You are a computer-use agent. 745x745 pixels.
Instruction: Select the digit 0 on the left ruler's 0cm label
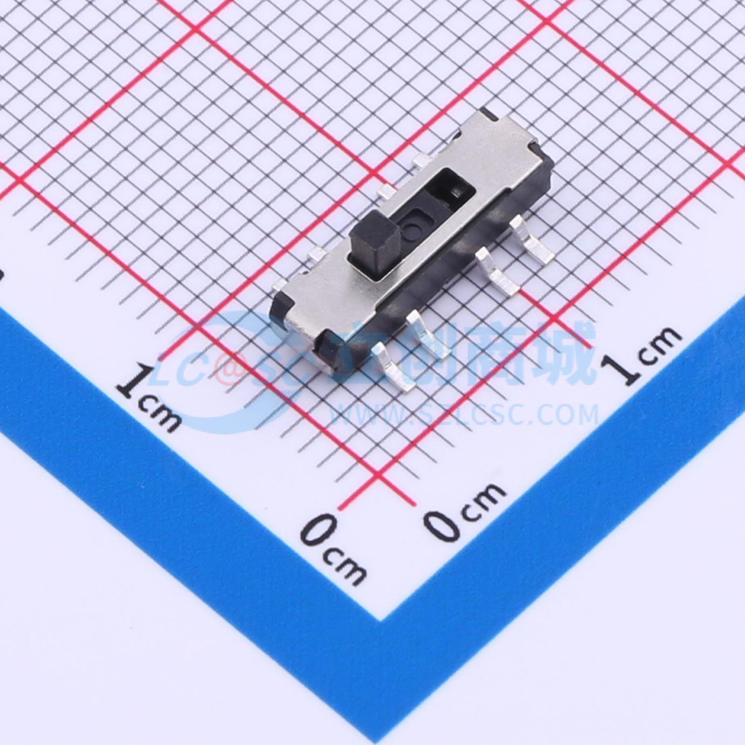[317, 531]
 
